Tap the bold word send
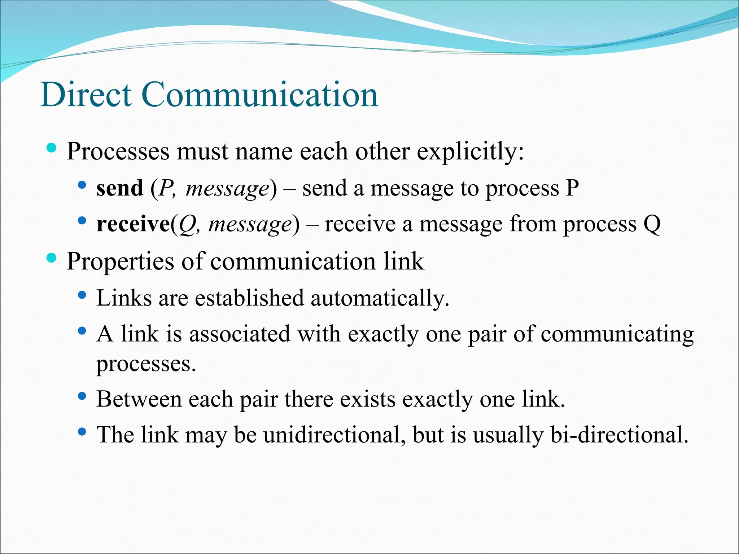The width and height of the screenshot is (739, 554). coord(120,188)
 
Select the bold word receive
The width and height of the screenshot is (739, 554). coord(133,224)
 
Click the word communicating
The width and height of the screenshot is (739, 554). coord(617,334)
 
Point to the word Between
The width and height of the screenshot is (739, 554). coord(139,399)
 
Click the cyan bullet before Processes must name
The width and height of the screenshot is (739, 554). coord(52,148)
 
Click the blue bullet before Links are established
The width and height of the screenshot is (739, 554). coord(82,295)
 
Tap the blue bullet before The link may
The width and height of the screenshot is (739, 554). coord(82,431)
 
